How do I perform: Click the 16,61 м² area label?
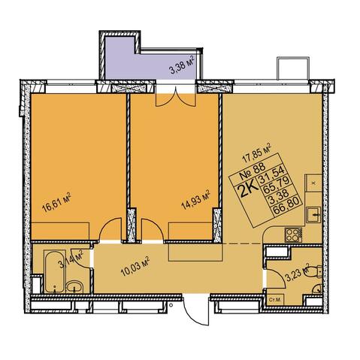(56, 202)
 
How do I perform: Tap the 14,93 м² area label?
(195, 199)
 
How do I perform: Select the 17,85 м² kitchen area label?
(257, 153)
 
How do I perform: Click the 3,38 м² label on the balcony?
(182, 65)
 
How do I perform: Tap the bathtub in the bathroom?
(55, 271)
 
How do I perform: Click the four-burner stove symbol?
(293, 234)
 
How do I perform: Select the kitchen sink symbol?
(313, 214)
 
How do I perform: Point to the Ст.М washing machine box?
(275, 299)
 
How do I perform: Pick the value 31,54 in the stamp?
(272, 175)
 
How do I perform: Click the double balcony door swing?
(175, 98)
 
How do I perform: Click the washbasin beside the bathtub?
(74, 286)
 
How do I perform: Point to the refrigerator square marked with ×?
(313, 183)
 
